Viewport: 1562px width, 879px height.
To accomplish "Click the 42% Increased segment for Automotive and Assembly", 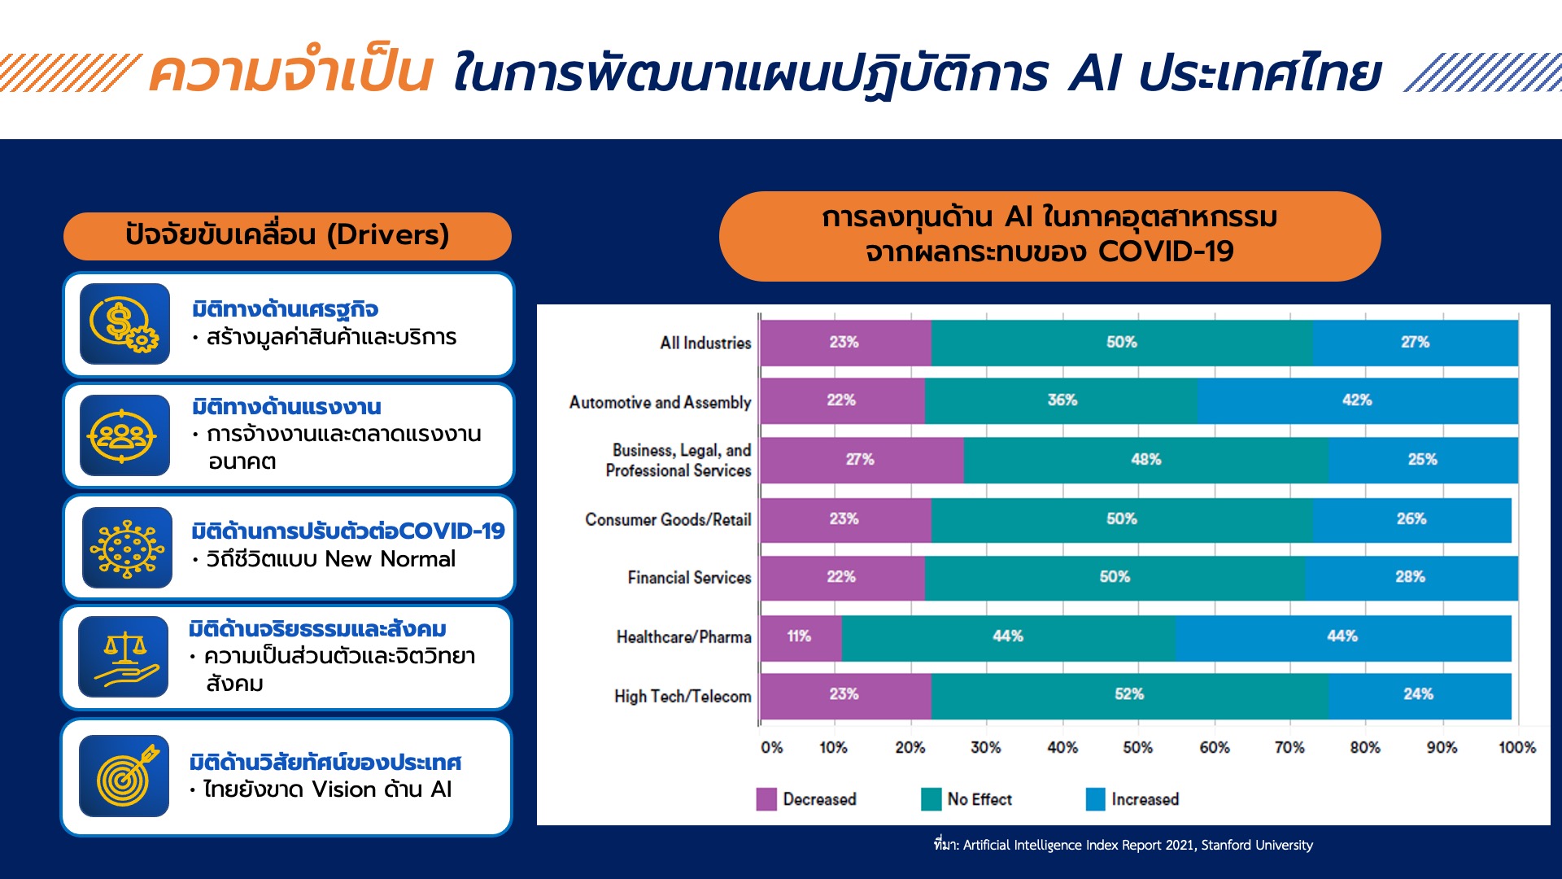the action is (1357, 400).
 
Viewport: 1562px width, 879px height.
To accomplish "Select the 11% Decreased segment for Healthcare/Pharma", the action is (801, 637).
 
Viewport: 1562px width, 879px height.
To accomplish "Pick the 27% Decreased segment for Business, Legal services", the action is (862, 461).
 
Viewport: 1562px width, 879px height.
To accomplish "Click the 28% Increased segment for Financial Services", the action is (1411, 578).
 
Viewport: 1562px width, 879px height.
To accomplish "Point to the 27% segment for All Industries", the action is (1416, 343).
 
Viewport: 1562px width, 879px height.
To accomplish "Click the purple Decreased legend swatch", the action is (766, 799).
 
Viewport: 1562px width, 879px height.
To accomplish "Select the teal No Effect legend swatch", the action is (931, 799).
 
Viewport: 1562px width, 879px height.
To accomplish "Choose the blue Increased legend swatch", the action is (1095, 799).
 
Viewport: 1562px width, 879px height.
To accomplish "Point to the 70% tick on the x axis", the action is (1289, 747).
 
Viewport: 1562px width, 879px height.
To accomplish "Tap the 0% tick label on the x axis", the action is (771, 747).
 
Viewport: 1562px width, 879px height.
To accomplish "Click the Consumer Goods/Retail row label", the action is (668, 520).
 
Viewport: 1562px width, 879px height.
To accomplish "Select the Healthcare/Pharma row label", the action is (683, 637).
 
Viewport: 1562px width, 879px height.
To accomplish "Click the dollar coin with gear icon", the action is (124, 324).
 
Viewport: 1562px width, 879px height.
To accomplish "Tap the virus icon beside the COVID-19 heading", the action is (127, 548).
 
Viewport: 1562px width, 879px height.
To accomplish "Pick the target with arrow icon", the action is (124, 776).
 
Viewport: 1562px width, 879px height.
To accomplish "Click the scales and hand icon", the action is (123, 657).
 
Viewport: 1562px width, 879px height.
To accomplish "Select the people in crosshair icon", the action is (124, 435).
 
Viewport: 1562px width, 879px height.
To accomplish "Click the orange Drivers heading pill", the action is (287, 236).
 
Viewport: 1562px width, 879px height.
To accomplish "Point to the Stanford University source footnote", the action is (1124, 845).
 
